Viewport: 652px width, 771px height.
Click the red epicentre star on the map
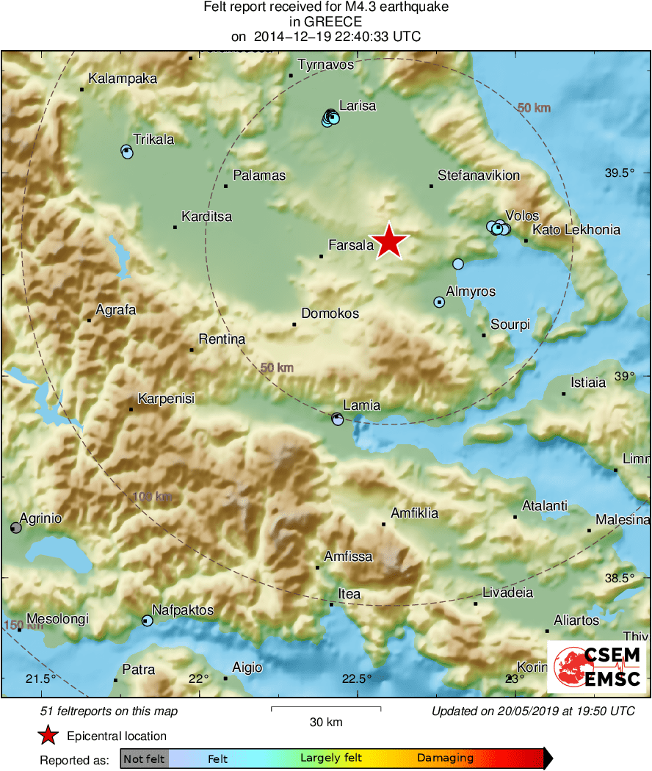coord(390,242)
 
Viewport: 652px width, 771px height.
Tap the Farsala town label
coord(352,245)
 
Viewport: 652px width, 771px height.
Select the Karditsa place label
coord(206,217)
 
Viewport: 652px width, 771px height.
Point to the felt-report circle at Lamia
coord(338,419)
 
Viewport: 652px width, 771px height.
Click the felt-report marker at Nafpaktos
coord(147,620)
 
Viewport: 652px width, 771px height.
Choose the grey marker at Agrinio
coord(15,528)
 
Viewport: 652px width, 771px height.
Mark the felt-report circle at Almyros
coord(439,302)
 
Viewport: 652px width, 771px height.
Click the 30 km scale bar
coord(326,709)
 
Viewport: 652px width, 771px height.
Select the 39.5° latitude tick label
coord(618,173)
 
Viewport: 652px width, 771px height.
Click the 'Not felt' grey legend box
coord(144,759)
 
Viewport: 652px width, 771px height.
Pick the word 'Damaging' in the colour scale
coord(445,758)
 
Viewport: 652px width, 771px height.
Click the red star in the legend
coord(48,736)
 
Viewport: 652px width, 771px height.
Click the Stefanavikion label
coord(479,175)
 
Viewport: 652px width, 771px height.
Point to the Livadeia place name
coord(507,593)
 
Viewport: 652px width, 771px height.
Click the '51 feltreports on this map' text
coord(109,711)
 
